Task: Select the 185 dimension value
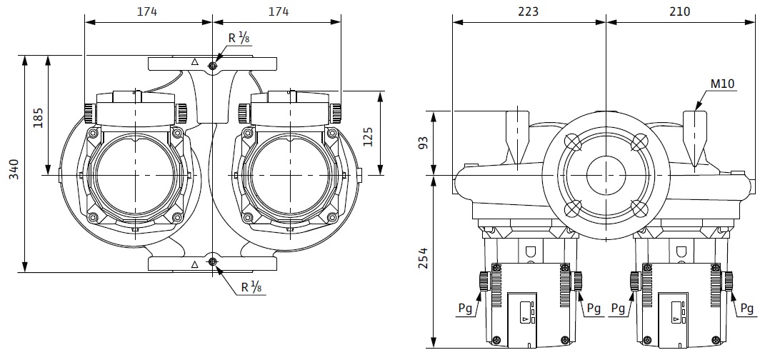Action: [38, 116]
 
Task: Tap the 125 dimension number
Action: [368, 134]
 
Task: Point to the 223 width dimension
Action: [529, 11]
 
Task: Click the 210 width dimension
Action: [680, 11]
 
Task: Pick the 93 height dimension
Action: [423, 142]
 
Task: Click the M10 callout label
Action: [723, 84]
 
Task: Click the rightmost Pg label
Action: [746, 309]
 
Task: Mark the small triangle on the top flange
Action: [194, 63]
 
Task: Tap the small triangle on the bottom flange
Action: [194, 264]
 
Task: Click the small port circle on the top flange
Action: [213, 66]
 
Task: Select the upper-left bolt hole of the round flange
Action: [572, 141]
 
